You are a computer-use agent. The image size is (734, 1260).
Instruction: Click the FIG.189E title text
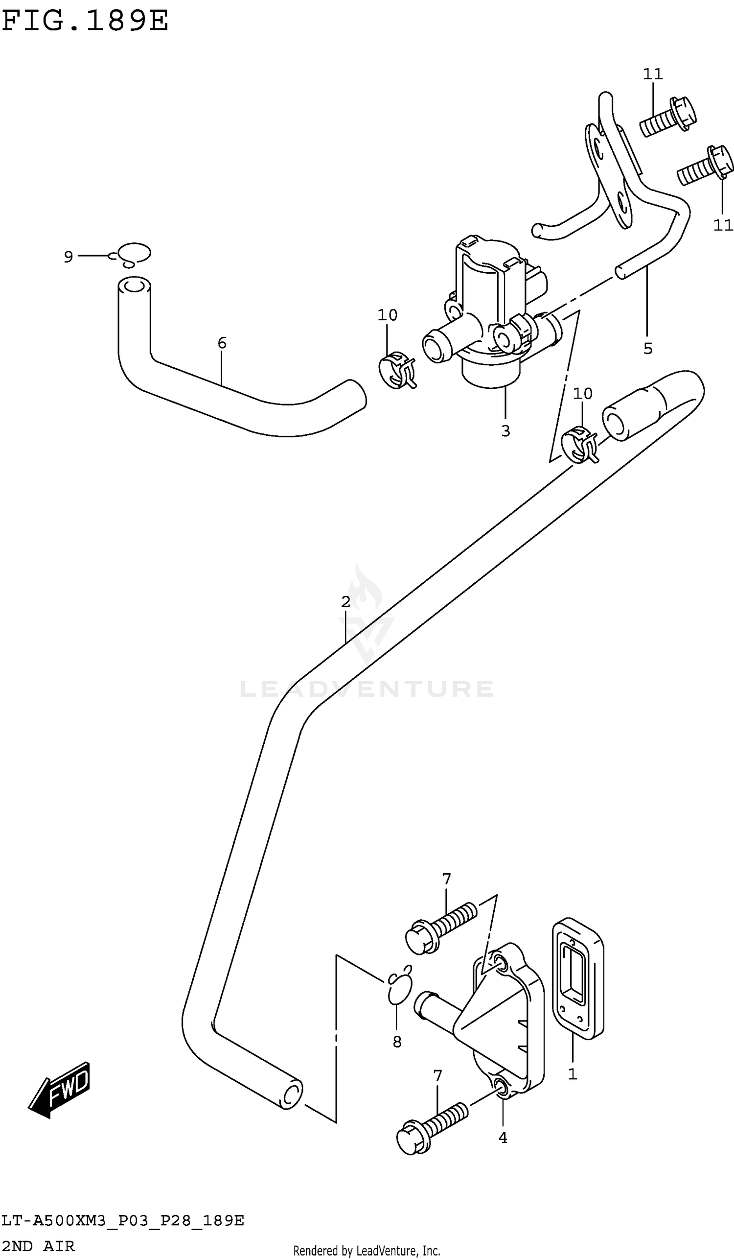click(85, 21)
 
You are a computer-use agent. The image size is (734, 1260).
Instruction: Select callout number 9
click(69, 257)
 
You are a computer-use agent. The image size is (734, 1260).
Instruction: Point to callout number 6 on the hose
click(222, 343)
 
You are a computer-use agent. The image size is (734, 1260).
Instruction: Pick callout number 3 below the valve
click(505, 430)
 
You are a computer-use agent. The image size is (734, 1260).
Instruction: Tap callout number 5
click(647, 349)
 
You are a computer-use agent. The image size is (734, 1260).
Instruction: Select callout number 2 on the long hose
click(346, 602)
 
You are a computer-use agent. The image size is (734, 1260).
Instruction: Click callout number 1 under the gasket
click(573, 1074)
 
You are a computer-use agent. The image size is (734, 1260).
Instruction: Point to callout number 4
click(503, 1138)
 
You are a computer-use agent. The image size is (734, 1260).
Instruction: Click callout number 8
click(397, 1042)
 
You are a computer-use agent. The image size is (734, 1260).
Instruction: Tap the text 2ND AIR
click(38, 1246)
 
